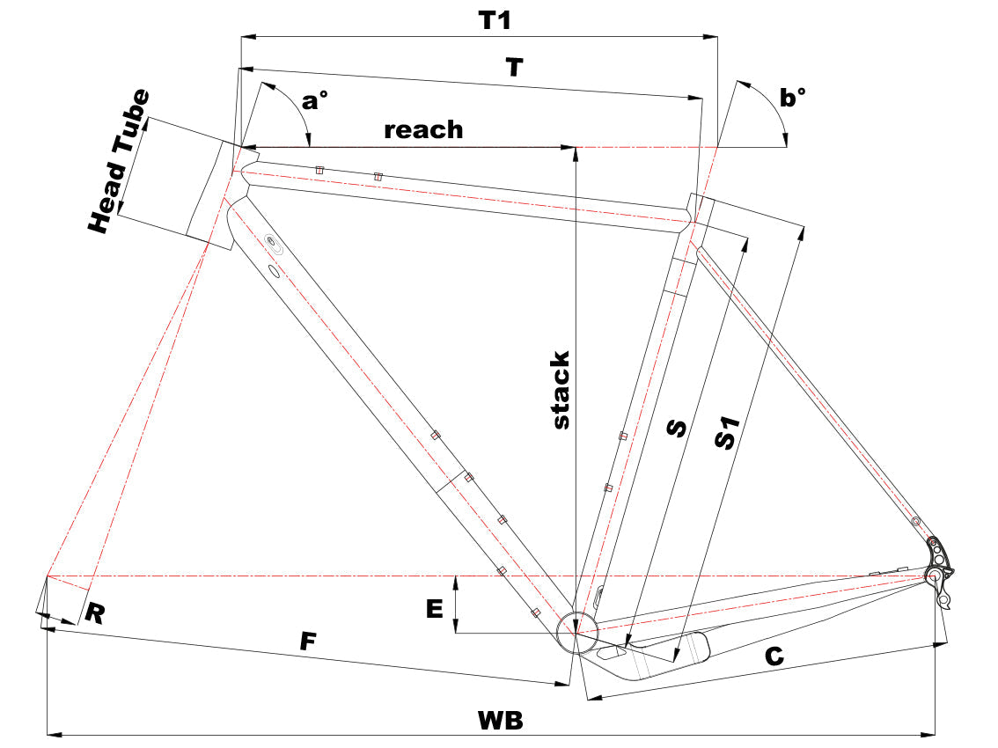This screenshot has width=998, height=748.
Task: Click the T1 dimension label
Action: click(494, 19)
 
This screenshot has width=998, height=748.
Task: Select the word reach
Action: click(423, 129)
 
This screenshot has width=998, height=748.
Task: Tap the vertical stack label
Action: click(561, 390)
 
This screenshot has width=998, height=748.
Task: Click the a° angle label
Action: click(314, 101)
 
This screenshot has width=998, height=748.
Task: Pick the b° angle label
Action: click(793, 98)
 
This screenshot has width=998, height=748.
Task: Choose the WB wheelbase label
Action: click(500, 720)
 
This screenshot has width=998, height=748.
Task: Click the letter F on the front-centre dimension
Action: click(306, 642)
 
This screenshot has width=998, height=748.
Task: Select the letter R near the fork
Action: click(95, 613)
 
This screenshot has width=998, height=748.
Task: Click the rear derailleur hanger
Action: click(943, 581)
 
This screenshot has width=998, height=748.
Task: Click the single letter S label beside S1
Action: click(676, 427)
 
